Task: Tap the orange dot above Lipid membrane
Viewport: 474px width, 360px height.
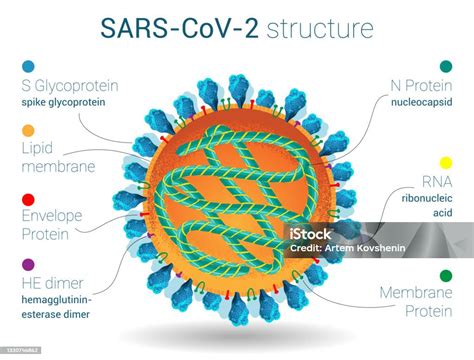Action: tap(27, 131)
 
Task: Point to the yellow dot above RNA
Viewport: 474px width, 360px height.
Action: tap(446, 163)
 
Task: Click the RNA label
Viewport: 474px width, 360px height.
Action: tap(433, 182)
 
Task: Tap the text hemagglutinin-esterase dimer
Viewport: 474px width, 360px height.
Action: tap(66, 307)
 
